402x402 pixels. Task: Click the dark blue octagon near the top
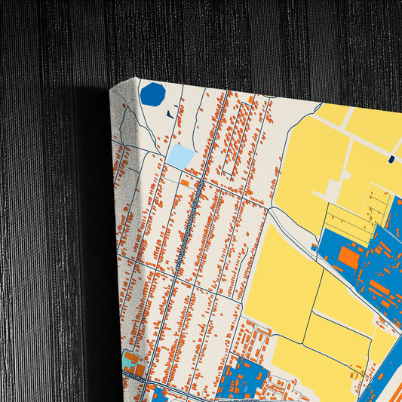[x=152, y=94]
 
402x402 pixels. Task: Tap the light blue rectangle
[x=181, y=157]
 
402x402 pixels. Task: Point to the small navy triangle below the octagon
[x=169, y=114]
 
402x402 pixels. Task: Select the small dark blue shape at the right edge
[x=391, y=158]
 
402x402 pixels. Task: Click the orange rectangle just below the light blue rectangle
[x=185, y=183]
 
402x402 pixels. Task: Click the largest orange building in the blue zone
[x=348, y=257]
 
